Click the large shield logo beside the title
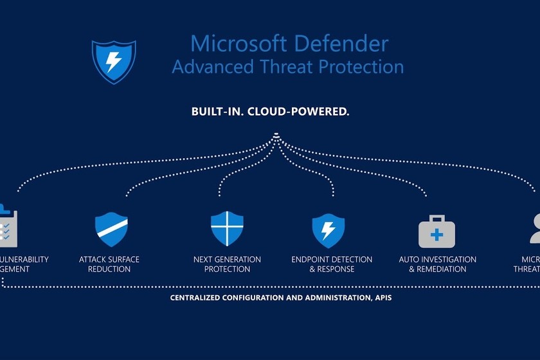tap(113, 62)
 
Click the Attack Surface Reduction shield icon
tap(111, 230)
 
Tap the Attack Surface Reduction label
tap(109, 264)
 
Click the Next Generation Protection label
tap(227, 264)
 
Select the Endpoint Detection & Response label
tap(332, 264)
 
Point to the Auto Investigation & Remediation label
tap(438, 264)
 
